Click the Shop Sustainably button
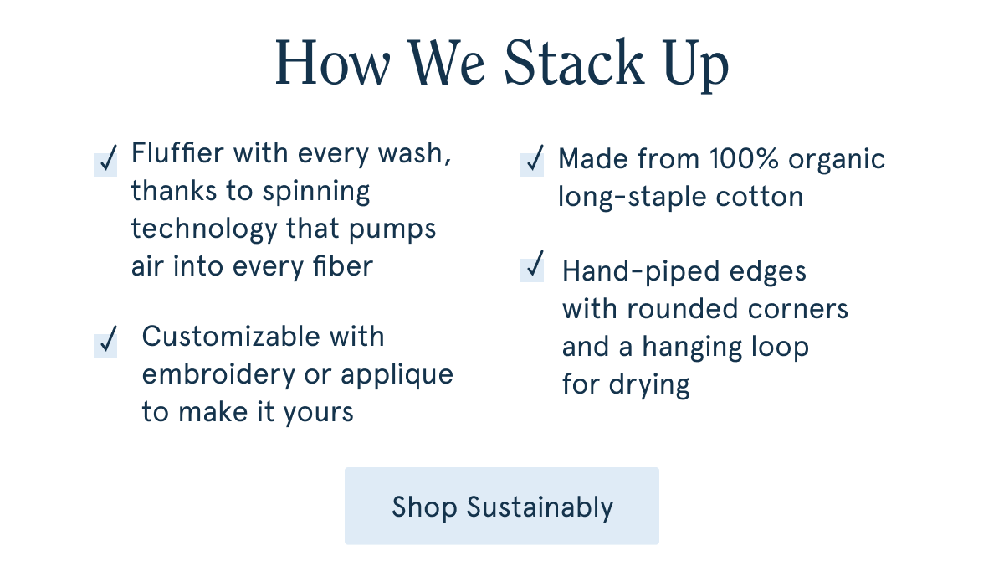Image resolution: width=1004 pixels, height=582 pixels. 501,506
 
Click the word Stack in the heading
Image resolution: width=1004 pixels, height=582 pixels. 574,62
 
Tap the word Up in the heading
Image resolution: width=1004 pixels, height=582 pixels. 696,65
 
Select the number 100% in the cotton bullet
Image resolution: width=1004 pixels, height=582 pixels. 745,159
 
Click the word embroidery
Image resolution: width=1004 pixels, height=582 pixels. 218,374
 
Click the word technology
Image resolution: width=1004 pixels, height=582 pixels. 204,229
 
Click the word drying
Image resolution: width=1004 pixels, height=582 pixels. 649,385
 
